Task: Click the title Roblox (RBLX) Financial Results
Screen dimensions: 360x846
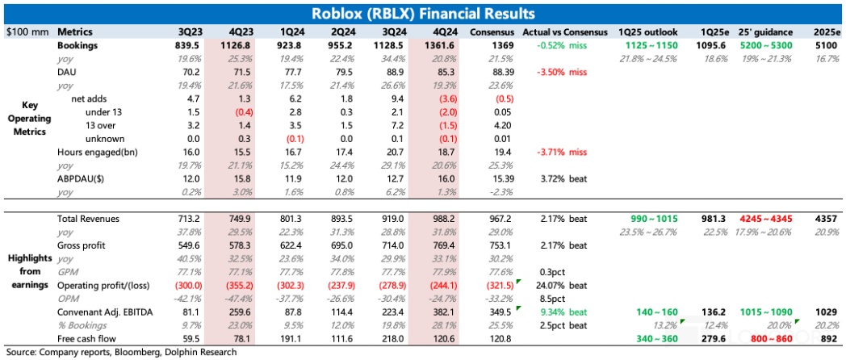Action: [x=422, y=14]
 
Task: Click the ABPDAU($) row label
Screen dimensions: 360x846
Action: [x=81, y=178]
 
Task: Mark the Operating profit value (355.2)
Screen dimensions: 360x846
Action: [x=226, y=284]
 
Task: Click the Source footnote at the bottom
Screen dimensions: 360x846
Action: [x=121, y=352]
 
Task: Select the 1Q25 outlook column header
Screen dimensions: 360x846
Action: [x=647, y=31]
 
